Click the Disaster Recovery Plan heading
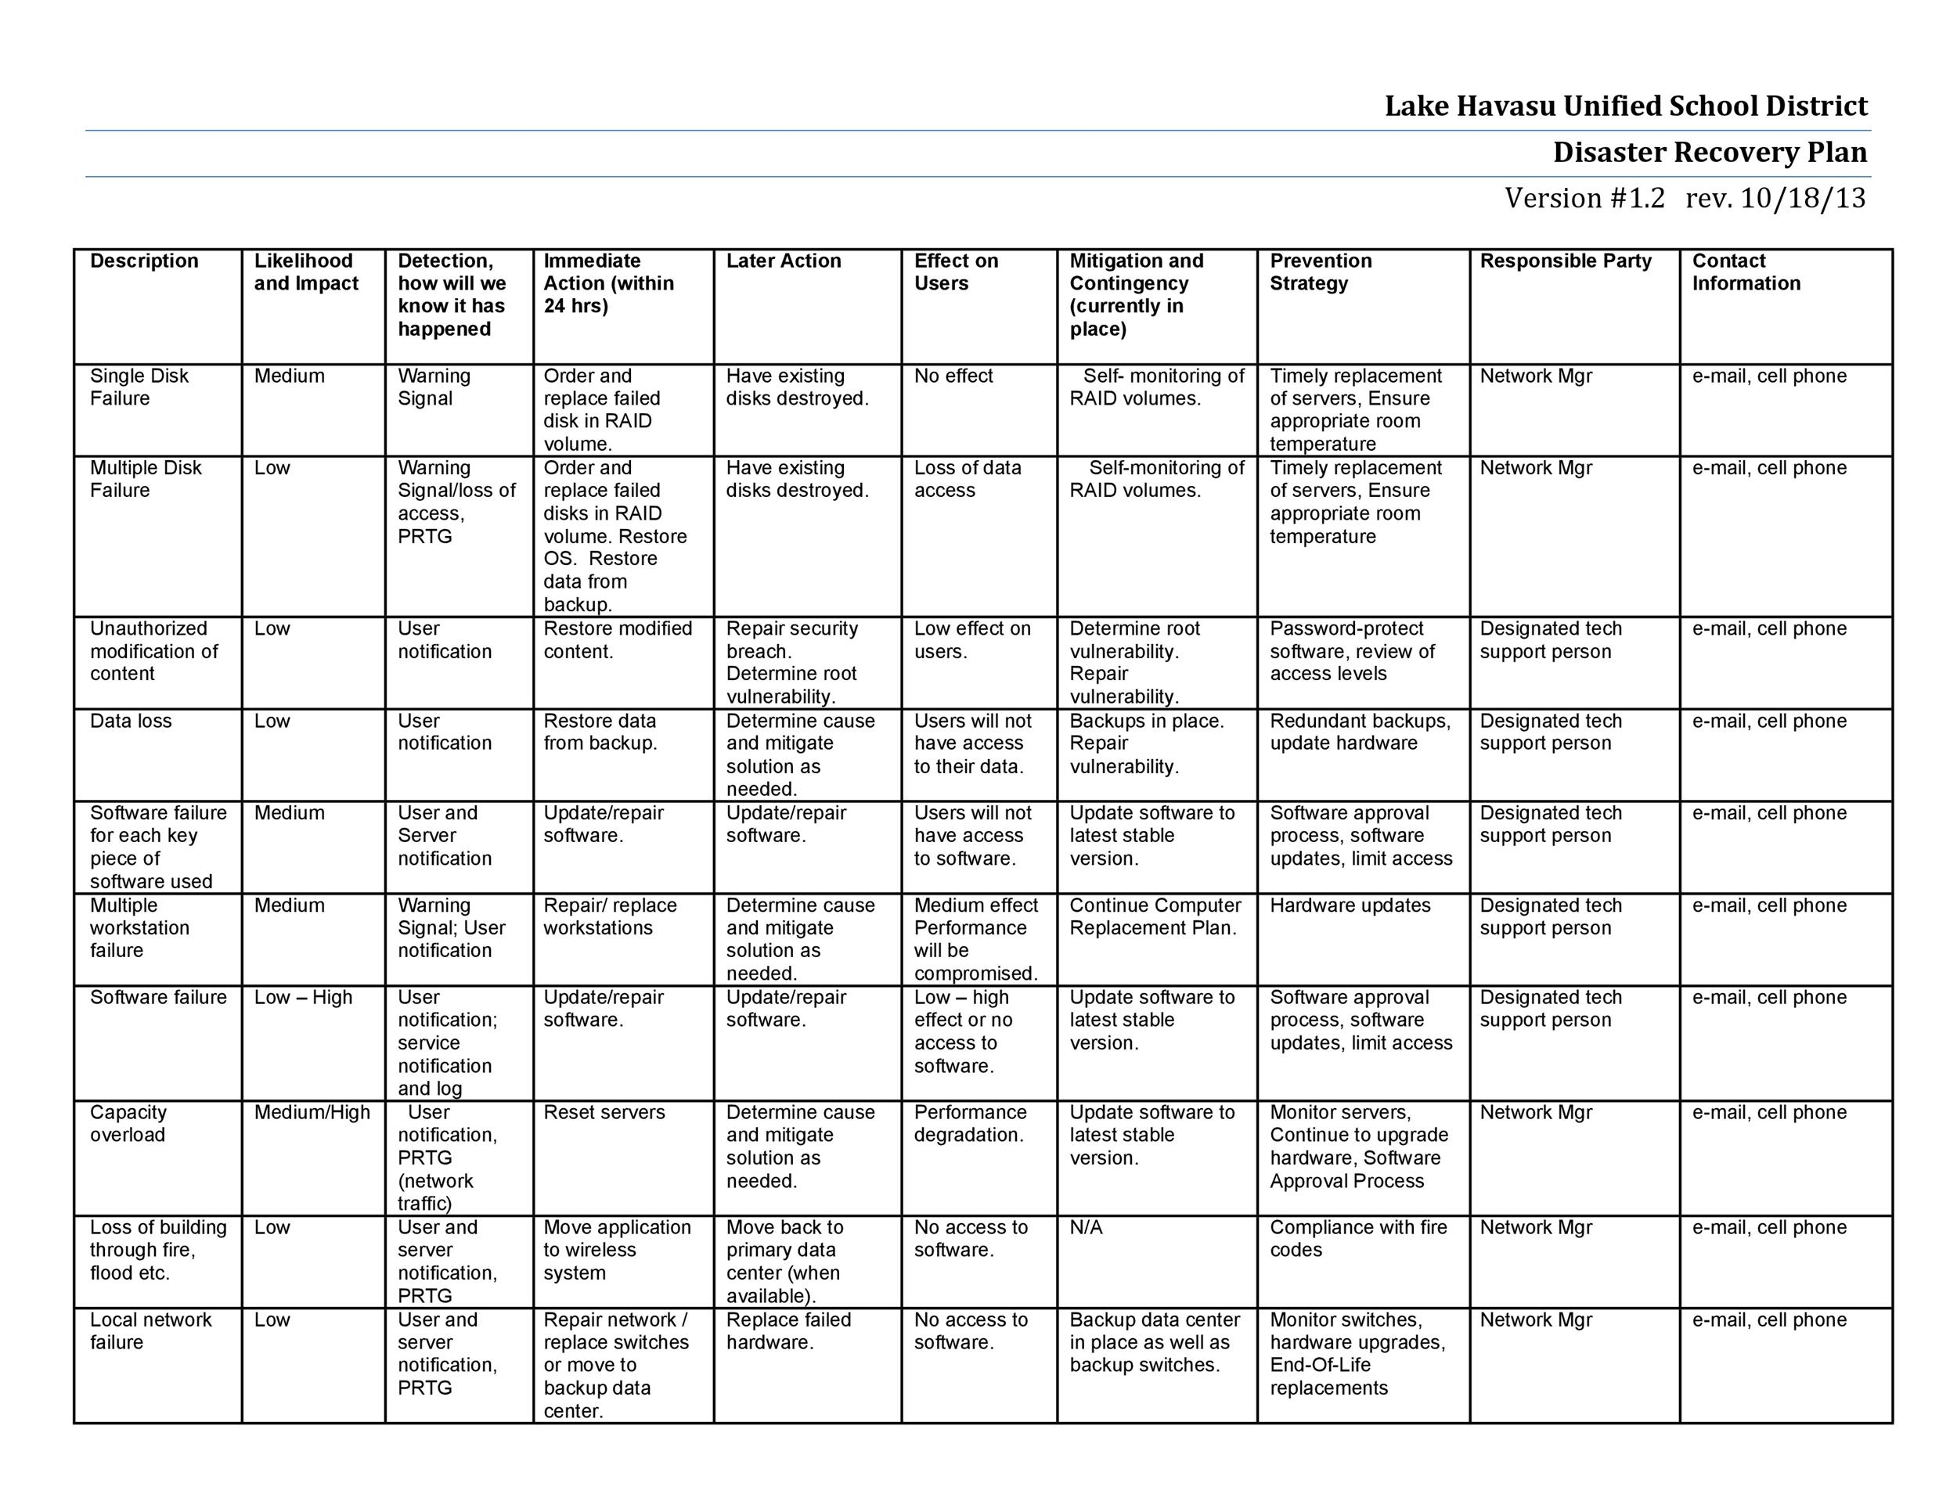tap(1710, 153)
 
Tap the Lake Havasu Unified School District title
tap(1625, 106)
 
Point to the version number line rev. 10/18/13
tap(1685, 198)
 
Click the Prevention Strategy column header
tap(1320, 272)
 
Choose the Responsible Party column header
tap(1566, 261)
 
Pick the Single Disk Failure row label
tap(140, 387)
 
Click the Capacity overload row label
tap(128, 1123)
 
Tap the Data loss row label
tap(131, 721)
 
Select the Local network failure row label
tap(150, 1330)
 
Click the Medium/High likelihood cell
tap(312, 1113)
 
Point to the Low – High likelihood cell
tap(303, 997)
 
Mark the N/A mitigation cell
tap(1086, 1227)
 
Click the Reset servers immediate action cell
tap(604, 1113)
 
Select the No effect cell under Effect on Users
tap(953, 376)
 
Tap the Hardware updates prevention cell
tap(1350, 905)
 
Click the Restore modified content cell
tap(618, 639)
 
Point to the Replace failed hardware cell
tap(788, 1330)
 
